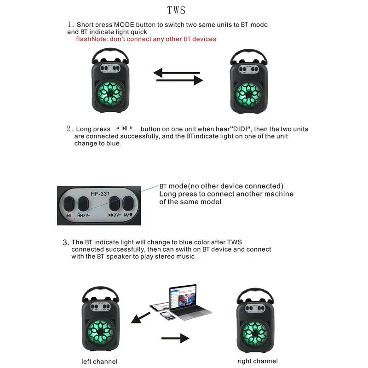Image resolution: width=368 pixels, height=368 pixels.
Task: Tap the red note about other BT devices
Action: [x=146, y=39]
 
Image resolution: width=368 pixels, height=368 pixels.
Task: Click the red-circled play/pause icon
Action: [x=69, y=215]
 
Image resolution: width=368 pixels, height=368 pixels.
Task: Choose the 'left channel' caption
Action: [x=99, y=361]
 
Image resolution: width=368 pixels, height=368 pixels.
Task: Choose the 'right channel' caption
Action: [x=258, y=361]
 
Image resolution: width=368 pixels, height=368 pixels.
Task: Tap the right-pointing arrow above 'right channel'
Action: [x=176, y=338]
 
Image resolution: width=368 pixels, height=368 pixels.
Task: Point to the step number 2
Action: [x=69, y=129]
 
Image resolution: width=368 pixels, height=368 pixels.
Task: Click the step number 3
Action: [x=66, y=242]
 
